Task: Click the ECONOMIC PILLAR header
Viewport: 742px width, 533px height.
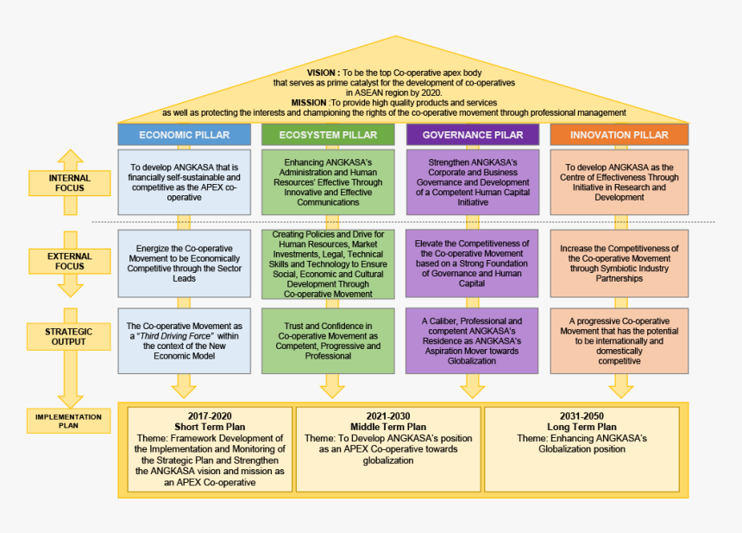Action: click(x=185, y=135)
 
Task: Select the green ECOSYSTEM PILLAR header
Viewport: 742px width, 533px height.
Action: click(x=327, y=135)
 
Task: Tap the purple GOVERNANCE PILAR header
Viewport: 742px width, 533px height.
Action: click(x=472, y=135)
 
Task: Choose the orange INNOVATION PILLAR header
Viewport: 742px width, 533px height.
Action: click(x=619, y=135)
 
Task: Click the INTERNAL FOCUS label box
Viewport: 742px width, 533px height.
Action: click(x=70, y=182)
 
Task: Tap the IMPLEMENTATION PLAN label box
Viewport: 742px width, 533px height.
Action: click(x=69, y=422)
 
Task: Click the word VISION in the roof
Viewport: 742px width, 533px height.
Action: click(x=323, y=73)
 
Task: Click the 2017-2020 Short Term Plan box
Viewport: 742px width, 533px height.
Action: click(x=210, y=449)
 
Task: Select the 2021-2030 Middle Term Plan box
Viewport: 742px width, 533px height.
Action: click(x=388, y=449)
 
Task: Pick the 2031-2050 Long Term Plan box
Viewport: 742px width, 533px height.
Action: click(x=582, y=449)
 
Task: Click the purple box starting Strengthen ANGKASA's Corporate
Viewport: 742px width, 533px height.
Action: click(x=472, y=182)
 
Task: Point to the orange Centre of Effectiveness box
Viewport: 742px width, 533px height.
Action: click(x=619, y=182)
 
